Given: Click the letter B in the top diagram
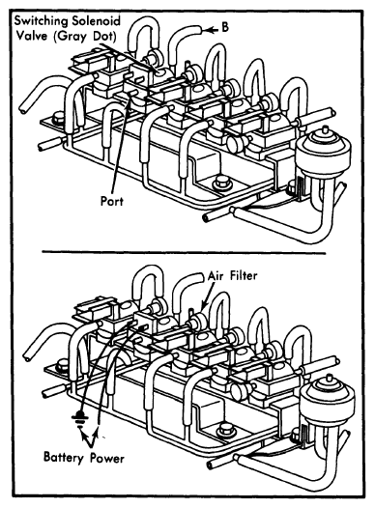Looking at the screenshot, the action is (x=225, y=27).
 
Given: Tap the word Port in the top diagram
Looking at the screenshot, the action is (x=112, y=201).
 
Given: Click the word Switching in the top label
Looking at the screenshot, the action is (x=42, y=21).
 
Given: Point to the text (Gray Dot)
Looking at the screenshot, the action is (x=85, y=36).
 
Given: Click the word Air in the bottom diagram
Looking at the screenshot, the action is (x=216, y=275).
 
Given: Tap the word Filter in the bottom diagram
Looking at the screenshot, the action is (x=244, y=275).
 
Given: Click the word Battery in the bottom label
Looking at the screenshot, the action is (x=64, y=457).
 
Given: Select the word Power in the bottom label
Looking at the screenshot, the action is (x=107, y=458).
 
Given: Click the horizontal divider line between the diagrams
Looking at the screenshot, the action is (x=184, y=252).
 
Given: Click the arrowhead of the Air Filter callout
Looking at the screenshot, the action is (x=203, y=306).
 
